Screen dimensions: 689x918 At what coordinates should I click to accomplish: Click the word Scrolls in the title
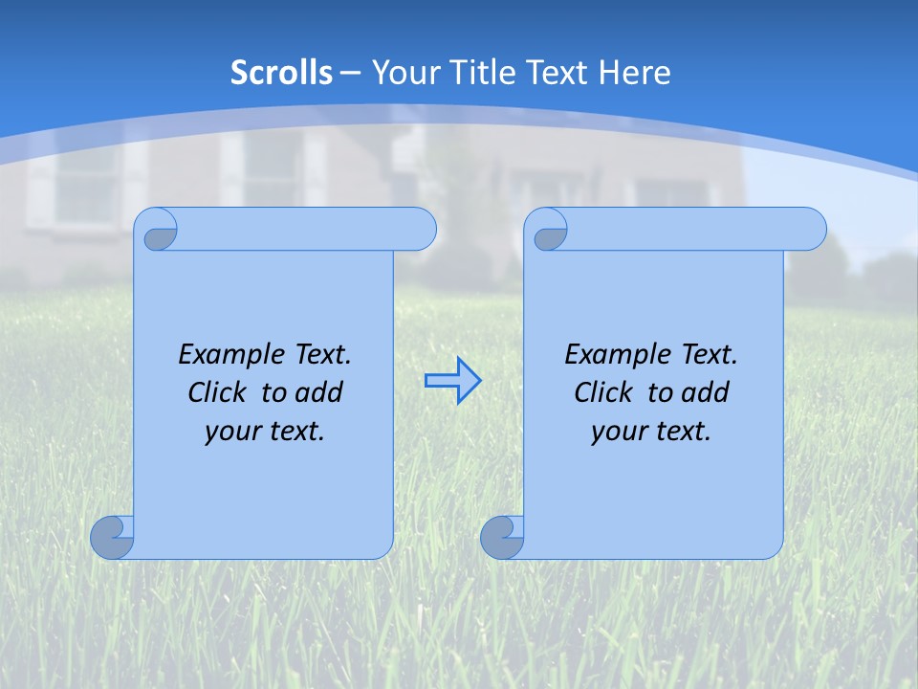tap(282, 73)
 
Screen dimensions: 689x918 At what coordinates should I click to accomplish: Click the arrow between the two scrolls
tap(452, 381)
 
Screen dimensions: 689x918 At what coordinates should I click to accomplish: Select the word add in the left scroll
tap(320, 392)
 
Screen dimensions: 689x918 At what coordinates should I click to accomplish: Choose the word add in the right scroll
tap(707, 392)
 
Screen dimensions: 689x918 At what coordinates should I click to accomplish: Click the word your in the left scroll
tap(229, 433)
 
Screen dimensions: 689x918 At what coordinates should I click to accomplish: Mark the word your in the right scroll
tap(616, 433)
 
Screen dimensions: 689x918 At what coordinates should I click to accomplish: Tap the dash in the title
tap(350, 73)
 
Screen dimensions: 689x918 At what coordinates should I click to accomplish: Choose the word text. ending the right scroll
tap(681, 433)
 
